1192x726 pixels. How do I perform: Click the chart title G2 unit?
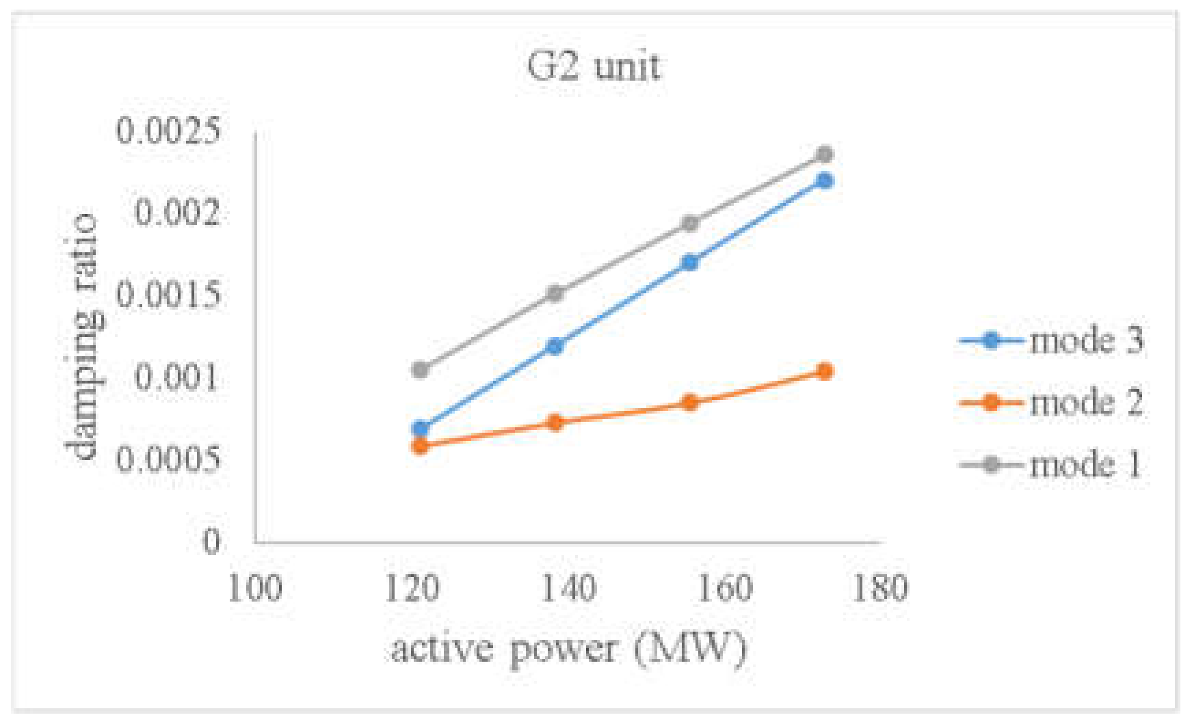coord(594,67)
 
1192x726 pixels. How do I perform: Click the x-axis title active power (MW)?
coord(568,647)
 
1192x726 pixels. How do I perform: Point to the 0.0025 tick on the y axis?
coord(169,130)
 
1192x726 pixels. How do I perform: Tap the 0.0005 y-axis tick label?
coord(169,459)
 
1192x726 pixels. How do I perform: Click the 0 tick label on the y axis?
coord(211,541)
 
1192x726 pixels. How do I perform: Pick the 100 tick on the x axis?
coord(254,588)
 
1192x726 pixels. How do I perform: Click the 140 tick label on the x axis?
coord(568,588)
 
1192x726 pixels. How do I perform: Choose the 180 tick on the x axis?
coord(880,588)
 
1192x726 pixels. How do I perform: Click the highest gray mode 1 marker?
coord(825,154)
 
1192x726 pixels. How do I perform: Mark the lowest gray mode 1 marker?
coord(420,370)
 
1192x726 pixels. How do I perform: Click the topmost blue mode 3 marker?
coord(825,180)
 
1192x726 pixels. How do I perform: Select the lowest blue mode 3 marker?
coord(420,429)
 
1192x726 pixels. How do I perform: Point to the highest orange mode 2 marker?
coord(825,371)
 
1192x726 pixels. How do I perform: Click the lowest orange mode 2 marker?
coord(420,446)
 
